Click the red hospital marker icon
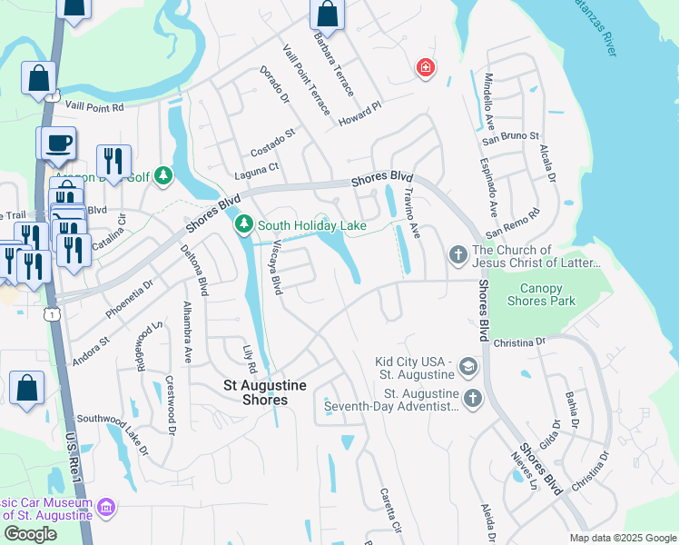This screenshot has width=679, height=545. click(424, 67)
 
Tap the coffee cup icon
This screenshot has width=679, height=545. click(60, 143)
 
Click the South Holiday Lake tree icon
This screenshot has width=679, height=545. click(243, 223)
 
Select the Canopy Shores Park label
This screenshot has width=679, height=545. click(541, 294)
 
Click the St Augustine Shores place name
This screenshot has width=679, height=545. click(265, 392)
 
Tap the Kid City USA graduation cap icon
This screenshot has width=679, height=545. click(468, 367)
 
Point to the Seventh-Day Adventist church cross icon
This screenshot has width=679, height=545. click(472, 398)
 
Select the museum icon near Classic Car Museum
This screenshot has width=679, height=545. click(107, 507)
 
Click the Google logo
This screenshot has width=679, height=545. click(30, 534)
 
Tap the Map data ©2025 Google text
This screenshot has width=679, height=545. click(622, 538)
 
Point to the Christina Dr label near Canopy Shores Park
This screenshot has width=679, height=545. click(519, 342)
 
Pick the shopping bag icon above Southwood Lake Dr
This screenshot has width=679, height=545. click(27, 388)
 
